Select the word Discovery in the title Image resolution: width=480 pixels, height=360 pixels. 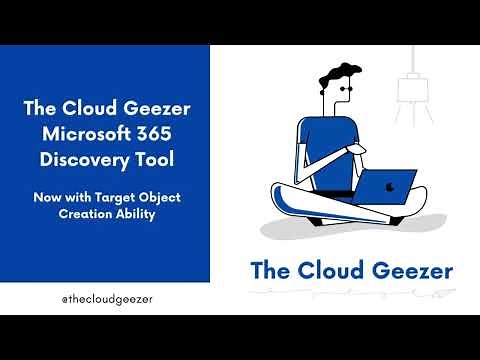tap(90, 160)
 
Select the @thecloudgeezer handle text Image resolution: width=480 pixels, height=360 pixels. tap(102, 297)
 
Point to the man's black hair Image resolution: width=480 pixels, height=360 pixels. tap(340, 77)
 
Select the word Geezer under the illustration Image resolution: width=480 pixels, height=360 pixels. tap(409, 269)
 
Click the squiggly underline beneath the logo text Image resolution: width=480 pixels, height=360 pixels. tap(351, 293)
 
